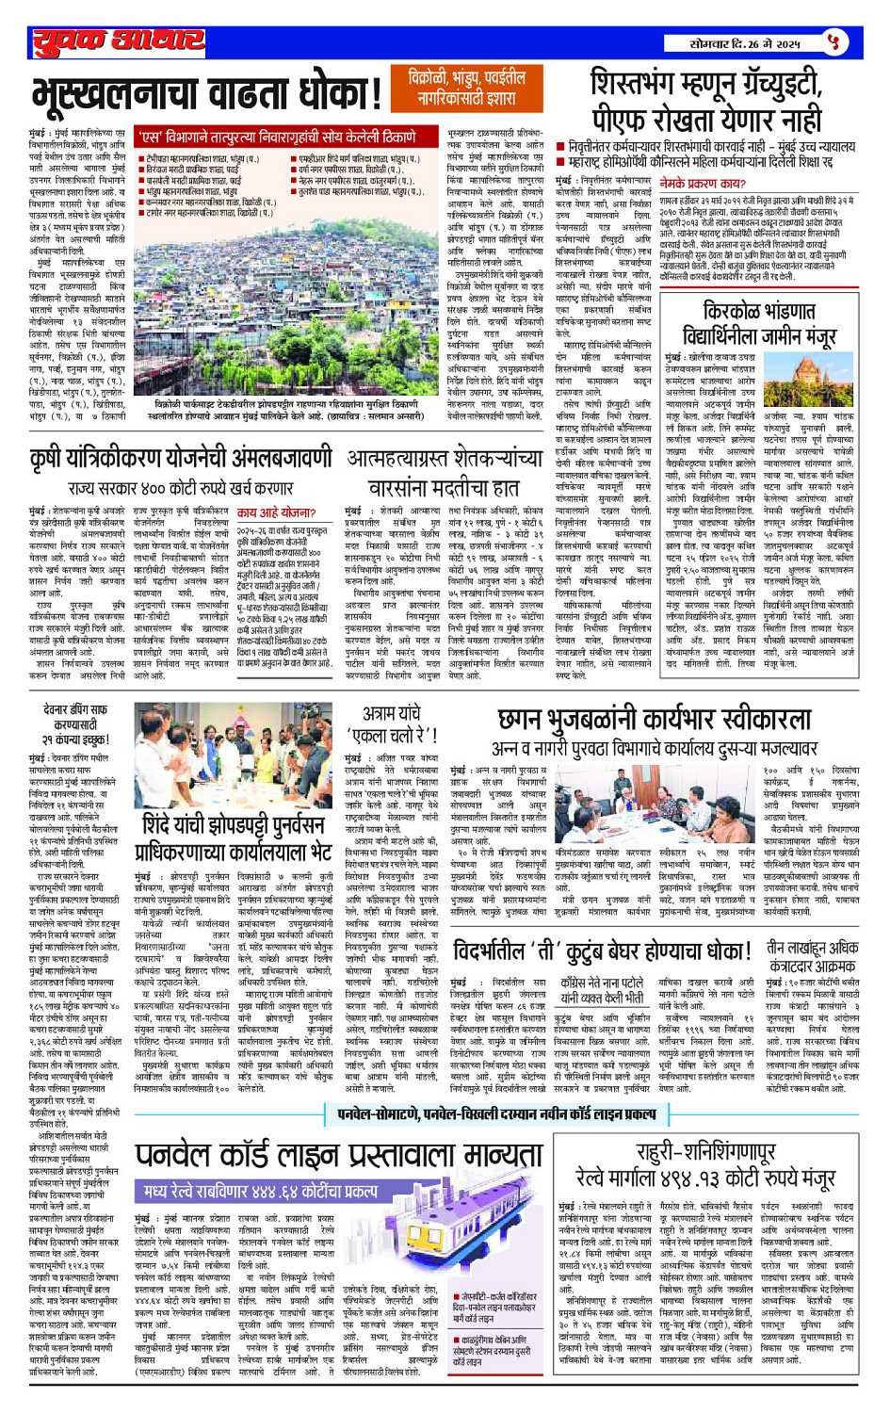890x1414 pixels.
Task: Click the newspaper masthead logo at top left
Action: [x=118, y=41]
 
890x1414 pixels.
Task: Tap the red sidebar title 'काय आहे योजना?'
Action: [x=276, y=513]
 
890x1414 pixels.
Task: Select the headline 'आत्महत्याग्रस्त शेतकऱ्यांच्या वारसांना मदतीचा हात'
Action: [x=458, y=473]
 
